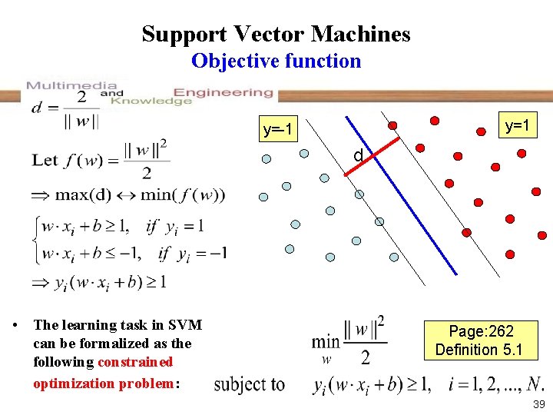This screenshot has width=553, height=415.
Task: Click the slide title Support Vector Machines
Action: coord(276,34)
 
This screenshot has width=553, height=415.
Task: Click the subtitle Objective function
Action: coord(276,61)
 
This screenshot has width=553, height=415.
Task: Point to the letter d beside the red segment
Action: coord(358,156)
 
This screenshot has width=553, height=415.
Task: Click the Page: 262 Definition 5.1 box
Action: coord(480,340)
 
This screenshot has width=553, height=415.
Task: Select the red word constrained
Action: coord(135,361)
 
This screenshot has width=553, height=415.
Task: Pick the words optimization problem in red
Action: coord(105,383)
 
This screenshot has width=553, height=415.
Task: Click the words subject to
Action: coord(249,384)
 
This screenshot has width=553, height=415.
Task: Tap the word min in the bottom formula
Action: coord(326,340)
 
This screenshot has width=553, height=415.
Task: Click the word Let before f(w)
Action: coord(45,161)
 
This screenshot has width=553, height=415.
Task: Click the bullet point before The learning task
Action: coord(15,325)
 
